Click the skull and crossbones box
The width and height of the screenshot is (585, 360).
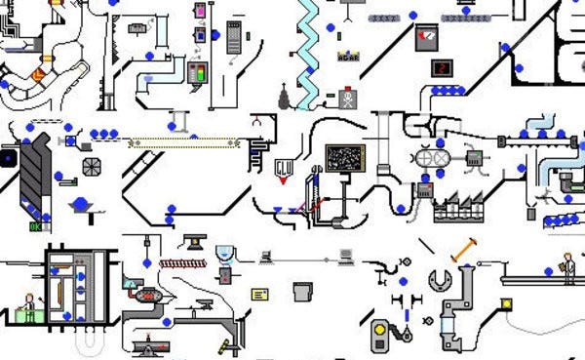pos(346,99)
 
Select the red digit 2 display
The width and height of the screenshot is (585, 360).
pos(442,68)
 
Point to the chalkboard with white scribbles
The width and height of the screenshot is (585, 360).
pos(344,158)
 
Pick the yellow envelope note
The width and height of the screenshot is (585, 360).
pos(260,294)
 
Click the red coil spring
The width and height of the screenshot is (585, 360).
pos(185,262)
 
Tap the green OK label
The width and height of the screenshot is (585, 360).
pos(36,227)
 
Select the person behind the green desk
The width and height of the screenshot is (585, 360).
pos(28,306)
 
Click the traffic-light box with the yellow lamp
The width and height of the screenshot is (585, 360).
pos(379,336)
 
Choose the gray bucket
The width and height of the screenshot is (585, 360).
pos(302,291)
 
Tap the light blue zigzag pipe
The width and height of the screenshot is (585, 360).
pos(309,54)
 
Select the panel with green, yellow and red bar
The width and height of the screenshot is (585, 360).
pos(199,73)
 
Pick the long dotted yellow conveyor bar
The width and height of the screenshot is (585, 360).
pos(185,142)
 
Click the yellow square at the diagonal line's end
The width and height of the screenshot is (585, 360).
pos(507,304)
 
